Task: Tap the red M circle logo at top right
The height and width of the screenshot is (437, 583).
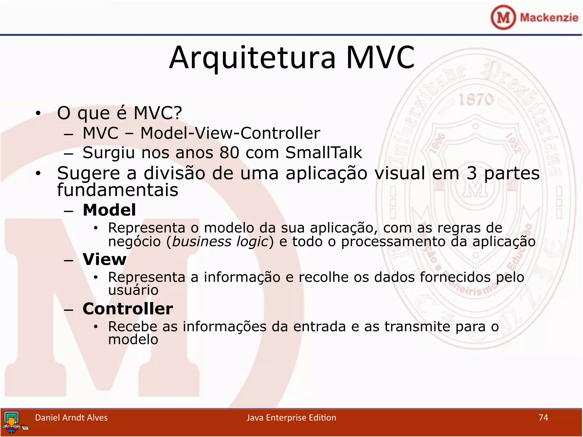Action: pyautogui.click(x=503, y=17)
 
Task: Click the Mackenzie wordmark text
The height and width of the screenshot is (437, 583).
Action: pyautogui.click(x=549, y=18)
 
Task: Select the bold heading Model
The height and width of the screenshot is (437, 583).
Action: pyautogui.click(x=109, y=210)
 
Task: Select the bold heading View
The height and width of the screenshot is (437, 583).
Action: pyautogui.click(x=104, y=259)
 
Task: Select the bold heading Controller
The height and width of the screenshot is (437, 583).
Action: pyautogui.click(x=128, y=309)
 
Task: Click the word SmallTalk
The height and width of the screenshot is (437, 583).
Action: pyautogui.click(x=323, y=152)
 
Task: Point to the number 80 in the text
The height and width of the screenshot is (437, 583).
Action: pyautogui.click(x=229, y=153)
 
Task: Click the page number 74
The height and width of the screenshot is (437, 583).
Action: pyautogui.click(x=543, y=417)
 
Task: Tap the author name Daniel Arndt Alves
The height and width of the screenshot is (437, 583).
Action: pyautogui.click(x=71, y=418)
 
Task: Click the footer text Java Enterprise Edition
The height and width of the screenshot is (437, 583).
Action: pyautogui.click(x=291, y=418)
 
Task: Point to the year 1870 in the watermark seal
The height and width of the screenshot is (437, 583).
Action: pyautogui.click(x=476, y=100)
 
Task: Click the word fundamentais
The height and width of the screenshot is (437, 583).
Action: pyautogui.click(x=118, y=190)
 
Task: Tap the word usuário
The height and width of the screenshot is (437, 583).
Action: pyautogui.click(x=133, y=290)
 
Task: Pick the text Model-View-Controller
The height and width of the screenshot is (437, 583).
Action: pyautogui.click(x=230, y=133)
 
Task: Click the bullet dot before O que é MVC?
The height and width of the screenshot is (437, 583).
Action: pyautogui.click(x=38, y=114)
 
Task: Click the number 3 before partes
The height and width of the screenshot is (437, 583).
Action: pyautogui.click(x=471, y=173)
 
